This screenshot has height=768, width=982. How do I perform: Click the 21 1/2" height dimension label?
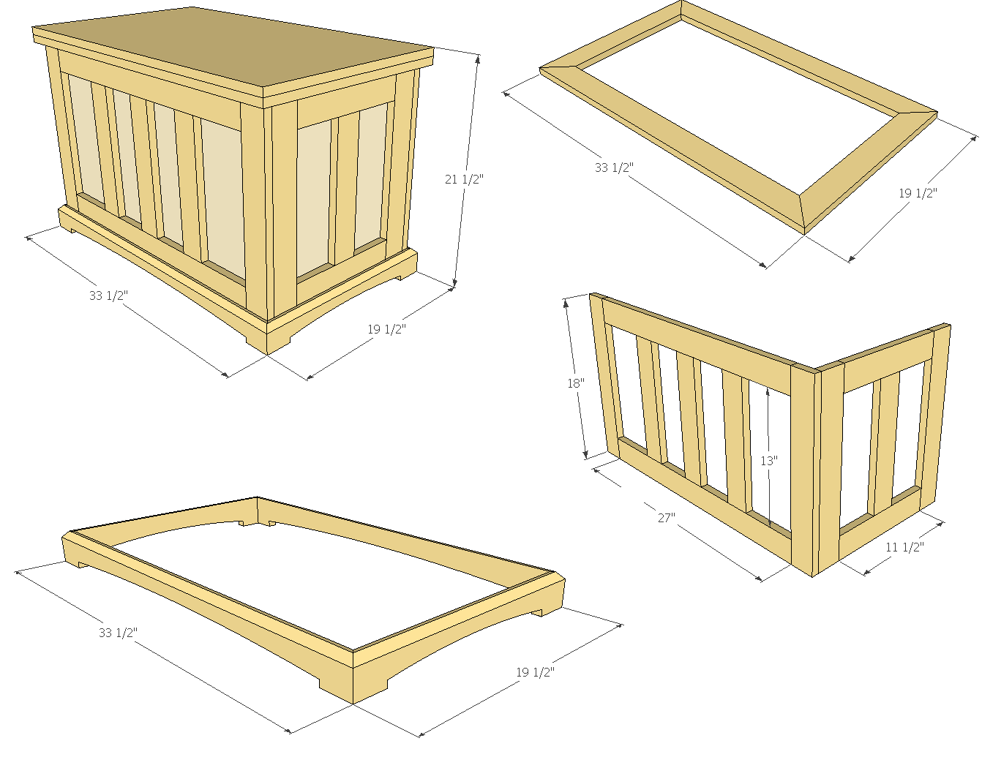tap(464, 179)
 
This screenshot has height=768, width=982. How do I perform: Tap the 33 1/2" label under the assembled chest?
tap(108, 295)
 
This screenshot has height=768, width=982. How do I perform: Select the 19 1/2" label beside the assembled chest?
tap(386, 329)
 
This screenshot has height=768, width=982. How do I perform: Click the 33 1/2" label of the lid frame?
tap(614, 167)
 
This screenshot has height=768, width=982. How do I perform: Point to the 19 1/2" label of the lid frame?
tap(918, 193)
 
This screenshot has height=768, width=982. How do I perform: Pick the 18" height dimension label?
tap(576, 383)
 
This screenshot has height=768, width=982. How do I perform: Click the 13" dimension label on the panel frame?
tap(769, 461)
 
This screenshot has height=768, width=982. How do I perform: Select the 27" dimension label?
tap(666, 517)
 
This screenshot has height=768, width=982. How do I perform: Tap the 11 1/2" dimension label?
tap(904, 547)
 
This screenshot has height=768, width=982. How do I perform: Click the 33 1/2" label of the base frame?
tap(118, 633)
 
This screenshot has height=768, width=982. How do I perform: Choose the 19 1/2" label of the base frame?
tap(535, 672)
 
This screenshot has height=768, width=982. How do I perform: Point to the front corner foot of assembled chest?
tap(266, 338)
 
